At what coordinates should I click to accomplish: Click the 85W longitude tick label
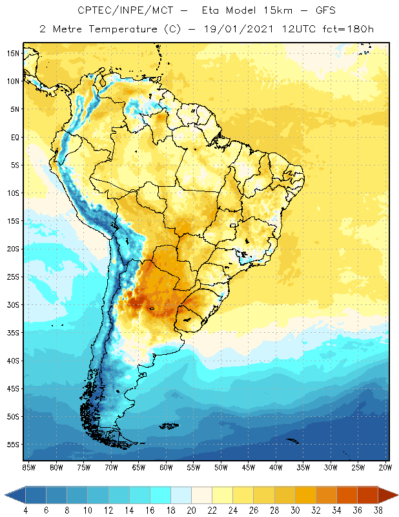pos(28,467)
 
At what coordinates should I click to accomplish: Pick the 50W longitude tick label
pos(221,467)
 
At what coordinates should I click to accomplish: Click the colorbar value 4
pos(26,511)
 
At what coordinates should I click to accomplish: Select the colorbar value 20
pos(191,511)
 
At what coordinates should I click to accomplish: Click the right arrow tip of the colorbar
pos(396,495)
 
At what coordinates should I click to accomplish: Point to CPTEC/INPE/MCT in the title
pos(118,11)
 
